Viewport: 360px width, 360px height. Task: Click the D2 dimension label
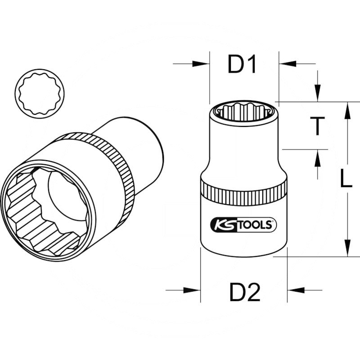[245, 293]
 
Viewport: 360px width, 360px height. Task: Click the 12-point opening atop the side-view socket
[243, 110]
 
